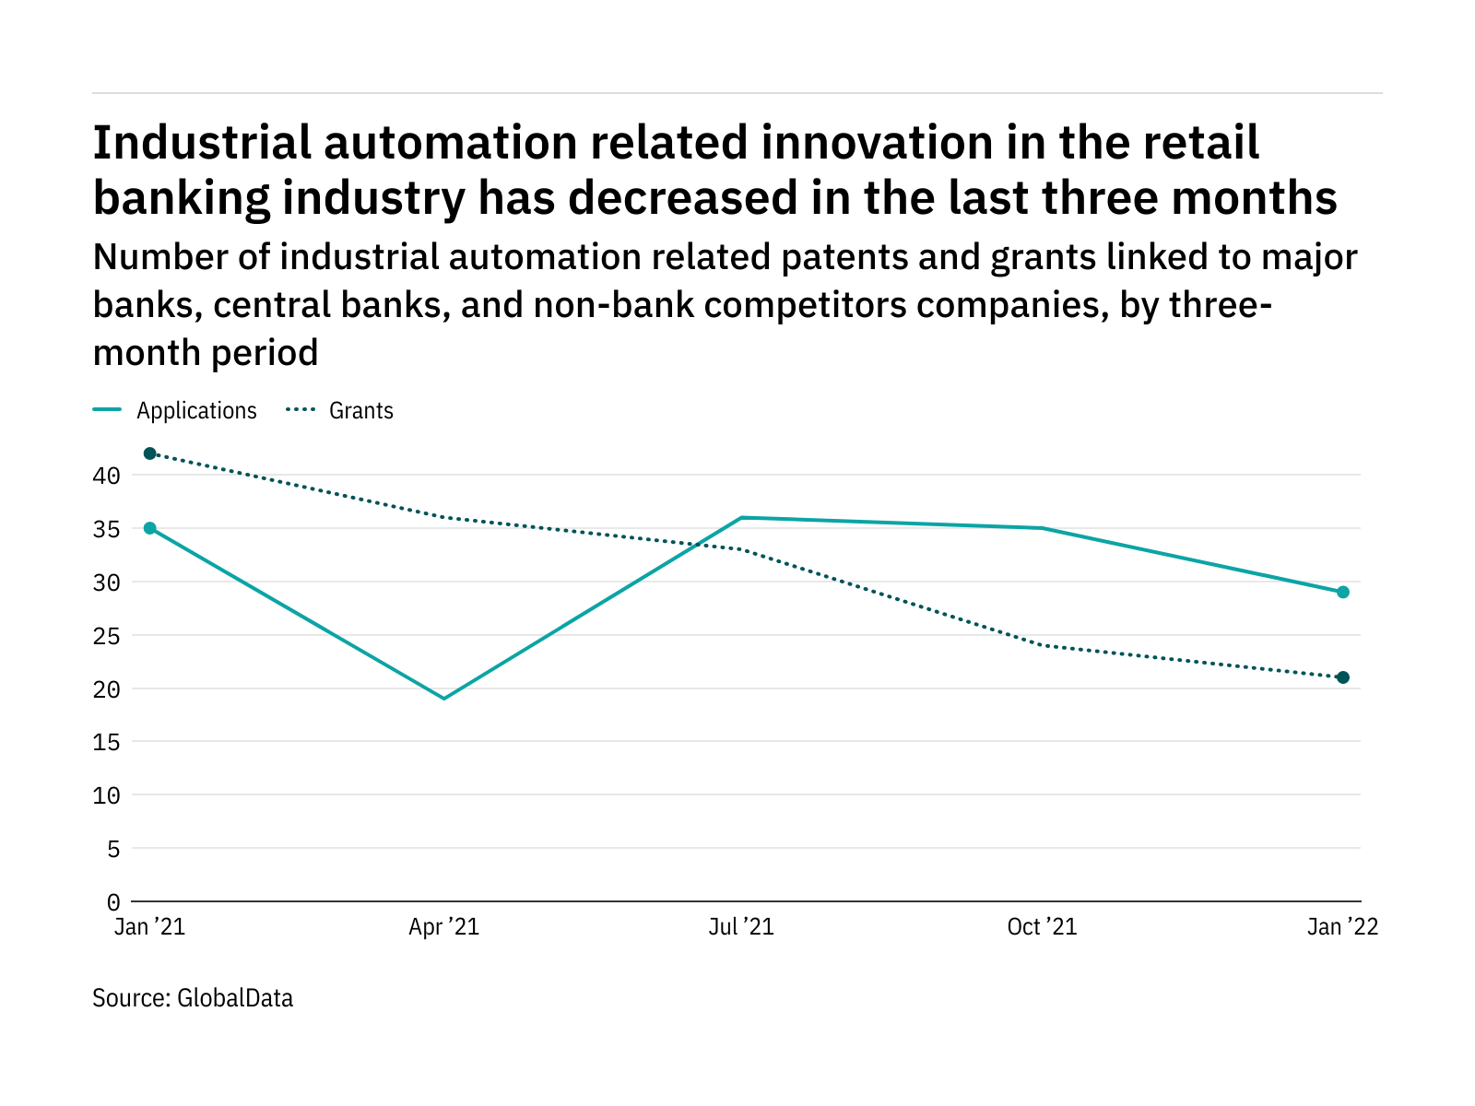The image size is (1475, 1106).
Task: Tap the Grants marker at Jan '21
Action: pyautogui.click(x=150, y=453)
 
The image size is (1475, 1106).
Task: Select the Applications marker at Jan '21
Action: pyautogui.click(x=150, y=528)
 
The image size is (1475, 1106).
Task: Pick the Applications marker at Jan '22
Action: pyautogui.click(x=1343, y=593)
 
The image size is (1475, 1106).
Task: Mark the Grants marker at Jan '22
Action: pyautogui.click(x=1343, y=677)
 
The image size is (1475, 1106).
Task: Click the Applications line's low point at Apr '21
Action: pyautogui.click(x=444, y=699)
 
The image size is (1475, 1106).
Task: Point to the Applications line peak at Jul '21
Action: pyautogui.click(x=742, y=518)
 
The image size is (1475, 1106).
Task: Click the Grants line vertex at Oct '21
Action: pyautogui.click(x=1042, y=645)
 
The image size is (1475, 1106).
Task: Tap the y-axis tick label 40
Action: pyautogui.click(x=106, y=476)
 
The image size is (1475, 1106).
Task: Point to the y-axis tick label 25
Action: pyautogui.click(x=106, y=636)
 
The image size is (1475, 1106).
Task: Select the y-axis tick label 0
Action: pyautogui.click(x=112, y=901)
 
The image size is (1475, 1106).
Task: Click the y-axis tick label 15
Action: pyautogui.click(x=106, y=742)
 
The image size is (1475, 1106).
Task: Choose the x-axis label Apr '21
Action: pyautogui.click(x=444, y=927)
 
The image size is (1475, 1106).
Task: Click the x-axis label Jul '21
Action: pyautogui.click(x=741, y=927)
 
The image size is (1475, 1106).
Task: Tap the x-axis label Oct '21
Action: pyautogui.click(x=1042, y=927)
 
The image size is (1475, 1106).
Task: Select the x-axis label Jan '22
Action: pyautogui.click(x=1342, y=927)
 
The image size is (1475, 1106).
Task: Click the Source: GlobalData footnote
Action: pyautogui.click(x=193, y=998)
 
